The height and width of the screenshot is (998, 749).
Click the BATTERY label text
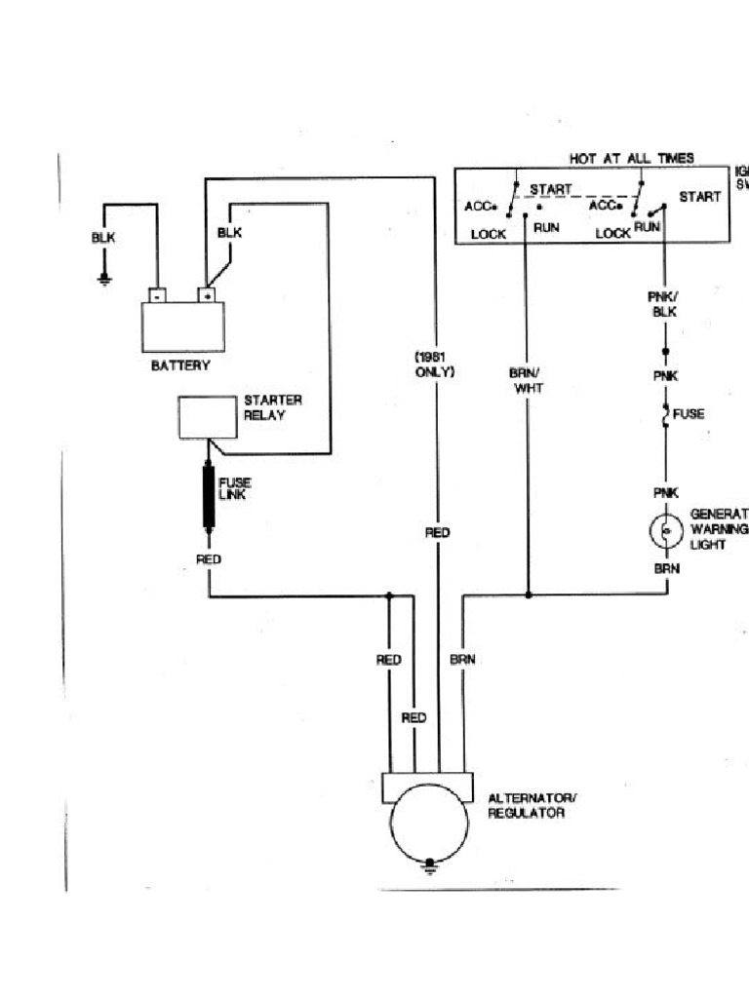[x=180, y=365]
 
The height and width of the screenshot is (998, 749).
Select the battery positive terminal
[x=207, y=294]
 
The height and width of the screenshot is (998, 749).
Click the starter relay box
[x=207, y=417]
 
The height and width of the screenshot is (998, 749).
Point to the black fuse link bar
[x=209, y=497]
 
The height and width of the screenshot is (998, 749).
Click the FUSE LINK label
[x=233, y=488]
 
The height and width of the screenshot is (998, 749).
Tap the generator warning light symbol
[x=665, y=530]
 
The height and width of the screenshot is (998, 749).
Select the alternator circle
[x=430, y=824]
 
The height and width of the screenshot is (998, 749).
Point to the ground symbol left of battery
[x=104, y=280]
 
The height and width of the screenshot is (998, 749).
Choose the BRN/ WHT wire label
[x=527, y=380]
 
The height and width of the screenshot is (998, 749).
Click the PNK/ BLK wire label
[x=665, y=304]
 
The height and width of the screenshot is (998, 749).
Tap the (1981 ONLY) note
[x=435, y=365]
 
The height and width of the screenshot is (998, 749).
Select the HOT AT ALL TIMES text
[x=632, y=158]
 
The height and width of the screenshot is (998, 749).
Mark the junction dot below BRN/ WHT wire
[x=528, y=594]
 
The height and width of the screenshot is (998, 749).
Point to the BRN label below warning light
[x=665, y=566]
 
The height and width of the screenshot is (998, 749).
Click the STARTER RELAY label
[x=272, y=407]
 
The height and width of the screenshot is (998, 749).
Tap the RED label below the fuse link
[x=209, y=558]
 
